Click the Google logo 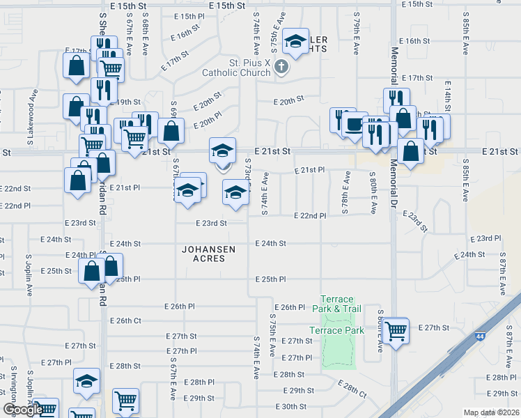pos(22,410)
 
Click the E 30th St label pos(291,407)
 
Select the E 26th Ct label pos(126,320)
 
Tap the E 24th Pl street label pos(81,255)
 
